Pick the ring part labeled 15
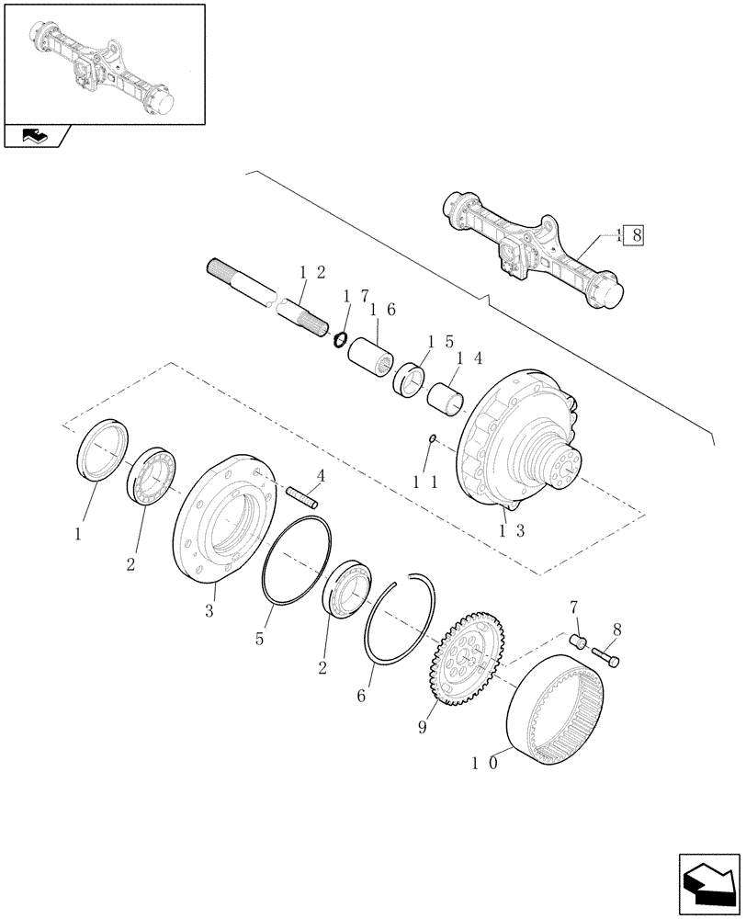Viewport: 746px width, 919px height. point(409,379)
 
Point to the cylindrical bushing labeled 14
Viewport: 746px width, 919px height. point(446,401)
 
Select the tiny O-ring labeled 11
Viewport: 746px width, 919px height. point(433,439)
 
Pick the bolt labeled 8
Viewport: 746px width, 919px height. point(605,657)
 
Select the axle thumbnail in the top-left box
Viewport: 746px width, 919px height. point(103,62)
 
